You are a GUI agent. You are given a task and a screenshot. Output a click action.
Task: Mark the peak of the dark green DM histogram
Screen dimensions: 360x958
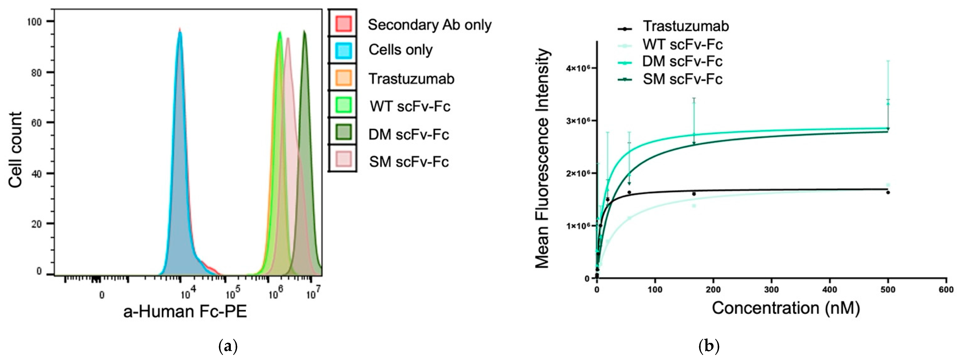tap(304, 32)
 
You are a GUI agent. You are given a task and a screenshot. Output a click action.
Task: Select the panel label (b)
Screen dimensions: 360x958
tap(709, 346)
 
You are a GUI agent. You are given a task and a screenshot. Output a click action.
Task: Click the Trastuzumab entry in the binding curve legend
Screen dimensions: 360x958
tap(685, 26)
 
